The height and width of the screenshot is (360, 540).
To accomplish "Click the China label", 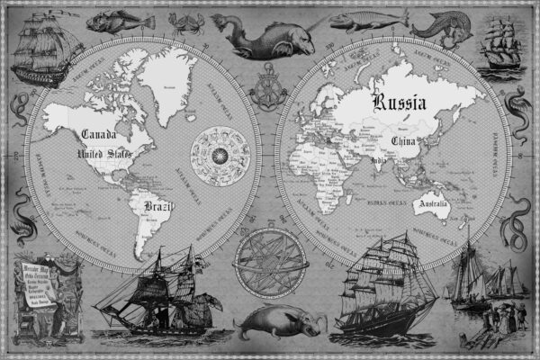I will pos(407,141).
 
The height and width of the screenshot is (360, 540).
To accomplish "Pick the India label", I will pos(379,160).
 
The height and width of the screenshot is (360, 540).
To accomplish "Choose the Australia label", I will pos(431,206).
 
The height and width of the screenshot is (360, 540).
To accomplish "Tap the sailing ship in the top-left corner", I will pos(42,49).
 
